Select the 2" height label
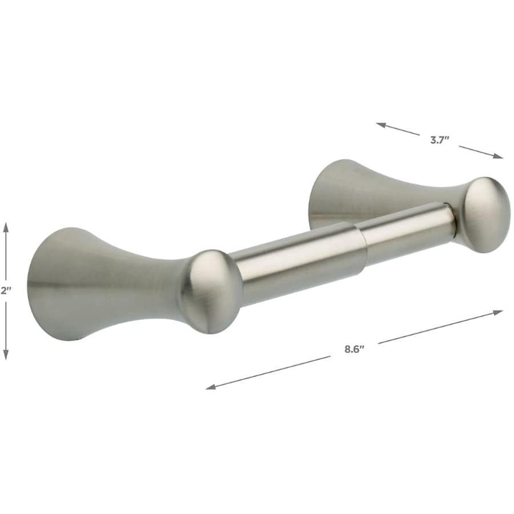[x=6, y=290]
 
